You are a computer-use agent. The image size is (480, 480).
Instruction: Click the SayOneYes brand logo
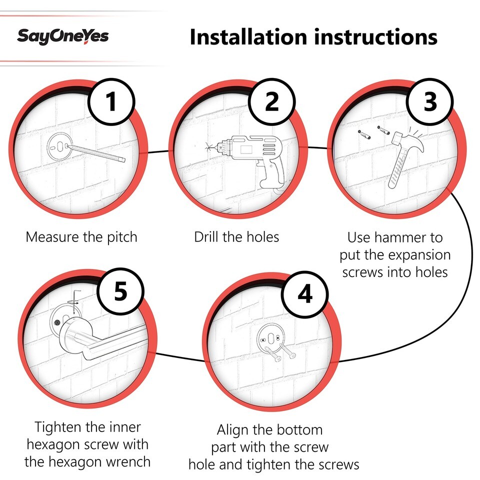click(x=63, y=36)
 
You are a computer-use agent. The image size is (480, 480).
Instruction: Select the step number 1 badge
click(x=111, y=101)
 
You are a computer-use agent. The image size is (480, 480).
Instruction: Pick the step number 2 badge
click(x=272, y=101)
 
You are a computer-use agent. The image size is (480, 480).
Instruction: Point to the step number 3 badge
click(x=430, y=101)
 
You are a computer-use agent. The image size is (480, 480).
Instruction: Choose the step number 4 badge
click(x=305, y=294)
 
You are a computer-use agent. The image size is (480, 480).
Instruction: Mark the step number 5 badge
click(x=120, y=291)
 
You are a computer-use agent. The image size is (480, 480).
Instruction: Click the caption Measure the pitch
click(x=81, y=237)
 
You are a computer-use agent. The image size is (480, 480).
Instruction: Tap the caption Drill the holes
click(x=236, y=237)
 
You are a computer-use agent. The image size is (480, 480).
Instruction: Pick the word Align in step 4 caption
click(x=231, y=430)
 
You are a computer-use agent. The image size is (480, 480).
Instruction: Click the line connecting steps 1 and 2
click(x=158, y=151)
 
